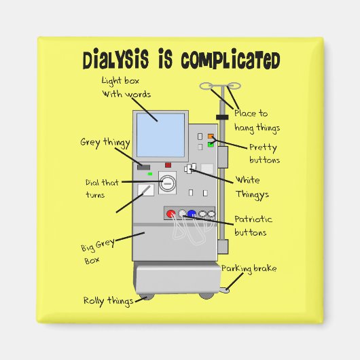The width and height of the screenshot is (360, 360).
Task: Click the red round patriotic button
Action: pos(171,214)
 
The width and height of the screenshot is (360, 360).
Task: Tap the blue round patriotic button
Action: pos(192,214)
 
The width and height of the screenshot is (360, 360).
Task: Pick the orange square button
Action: pos(211,137)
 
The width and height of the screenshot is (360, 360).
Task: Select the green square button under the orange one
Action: pos(211,145)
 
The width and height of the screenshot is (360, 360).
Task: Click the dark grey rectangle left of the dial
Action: pos(143,167)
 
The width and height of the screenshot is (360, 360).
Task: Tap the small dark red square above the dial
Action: pos(168,165)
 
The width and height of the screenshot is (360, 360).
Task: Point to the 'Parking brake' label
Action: pos(249,268)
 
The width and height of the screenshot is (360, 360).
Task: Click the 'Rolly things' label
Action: pos(108,300)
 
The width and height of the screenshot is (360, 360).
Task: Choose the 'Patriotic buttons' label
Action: pos(253,226)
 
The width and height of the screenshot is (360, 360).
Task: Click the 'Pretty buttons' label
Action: pos(264,153)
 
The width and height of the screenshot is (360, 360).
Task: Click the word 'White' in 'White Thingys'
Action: pos(247,181)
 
